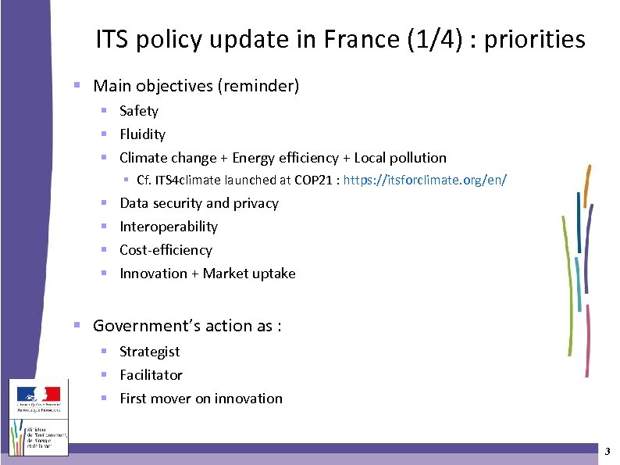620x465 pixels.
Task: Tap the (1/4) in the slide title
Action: click(434, 39)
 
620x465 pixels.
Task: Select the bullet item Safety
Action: click(139, 111)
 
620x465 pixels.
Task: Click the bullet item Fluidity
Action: click(142, 134)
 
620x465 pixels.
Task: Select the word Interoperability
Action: click(169, 227)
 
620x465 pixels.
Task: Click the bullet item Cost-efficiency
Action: click(166, 250)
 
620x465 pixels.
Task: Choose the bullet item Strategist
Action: click(149, 352)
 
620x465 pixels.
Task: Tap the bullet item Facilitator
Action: click(151, 375)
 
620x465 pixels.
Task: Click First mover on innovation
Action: click(201, 399)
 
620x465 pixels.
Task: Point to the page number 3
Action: click(607, 452)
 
